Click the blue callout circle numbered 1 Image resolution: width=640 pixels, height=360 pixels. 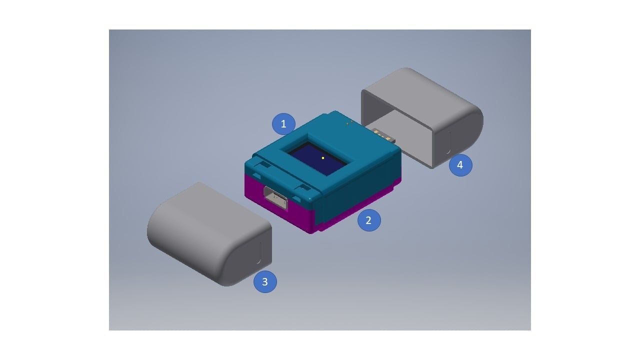[283, 124]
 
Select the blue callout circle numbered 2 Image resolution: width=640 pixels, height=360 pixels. [369, 220]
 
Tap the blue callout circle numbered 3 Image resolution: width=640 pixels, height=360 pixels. [265, 281]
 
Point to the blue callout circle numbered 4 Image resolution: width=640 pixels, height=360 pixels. [460, 165]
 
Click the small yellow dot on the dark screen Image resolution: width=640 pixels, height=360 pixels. [323, 158]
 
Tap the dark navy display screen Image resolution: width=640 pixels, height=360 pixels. [317, 158]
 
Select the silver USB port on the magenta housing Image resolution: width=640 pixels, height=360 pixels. [275, 197]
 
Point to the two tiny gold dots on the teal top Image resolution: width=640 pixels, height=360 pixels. [349, 122]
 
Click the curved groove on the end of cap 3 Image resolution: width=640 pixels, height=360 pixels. [259, 253]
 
